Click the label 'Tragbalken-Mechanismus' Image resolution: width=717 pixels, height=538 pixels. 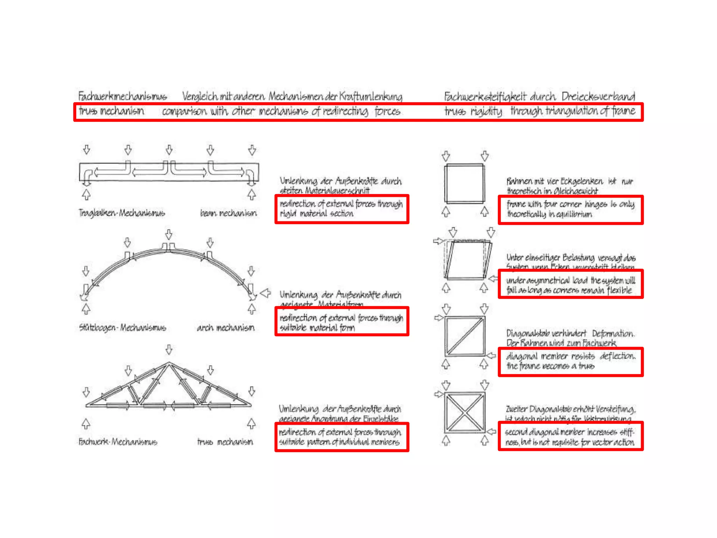coord(121,213)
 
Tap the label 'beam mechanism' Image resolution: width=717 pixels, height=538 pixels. coord(228,213)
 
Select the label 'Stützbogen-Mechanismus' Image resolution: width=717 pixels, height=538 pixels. coord(122,327)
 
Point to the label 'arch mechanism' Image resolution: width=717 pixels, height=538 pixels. coord(225,327)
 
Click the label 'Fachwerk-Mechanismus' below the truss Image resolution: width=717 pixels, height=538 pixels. coord(118,442)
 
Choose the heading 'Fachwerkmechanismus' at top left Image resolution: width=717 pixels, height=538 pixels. coord(122,96)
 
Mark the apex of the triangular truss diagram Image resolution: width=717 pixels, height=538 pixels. coord(169,363)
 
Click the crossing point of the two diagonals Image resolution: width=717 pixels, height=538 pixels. coord(465,413)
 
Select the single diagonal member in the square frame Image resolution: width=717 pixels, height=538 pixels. coord(465,336)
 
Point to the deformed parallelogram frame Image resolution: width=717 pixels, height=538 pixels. coord(467,260)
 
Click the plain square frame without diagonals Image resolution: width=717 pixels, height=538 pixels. coord(465,183)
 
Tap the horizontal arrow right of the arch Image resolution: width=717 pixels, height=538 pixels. coord(265,293)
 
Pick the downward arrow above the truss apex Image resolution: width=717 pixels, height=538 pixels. coord(169,349)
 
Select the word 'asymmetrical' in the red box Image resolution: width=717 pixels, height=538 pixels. coord(538,280)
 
